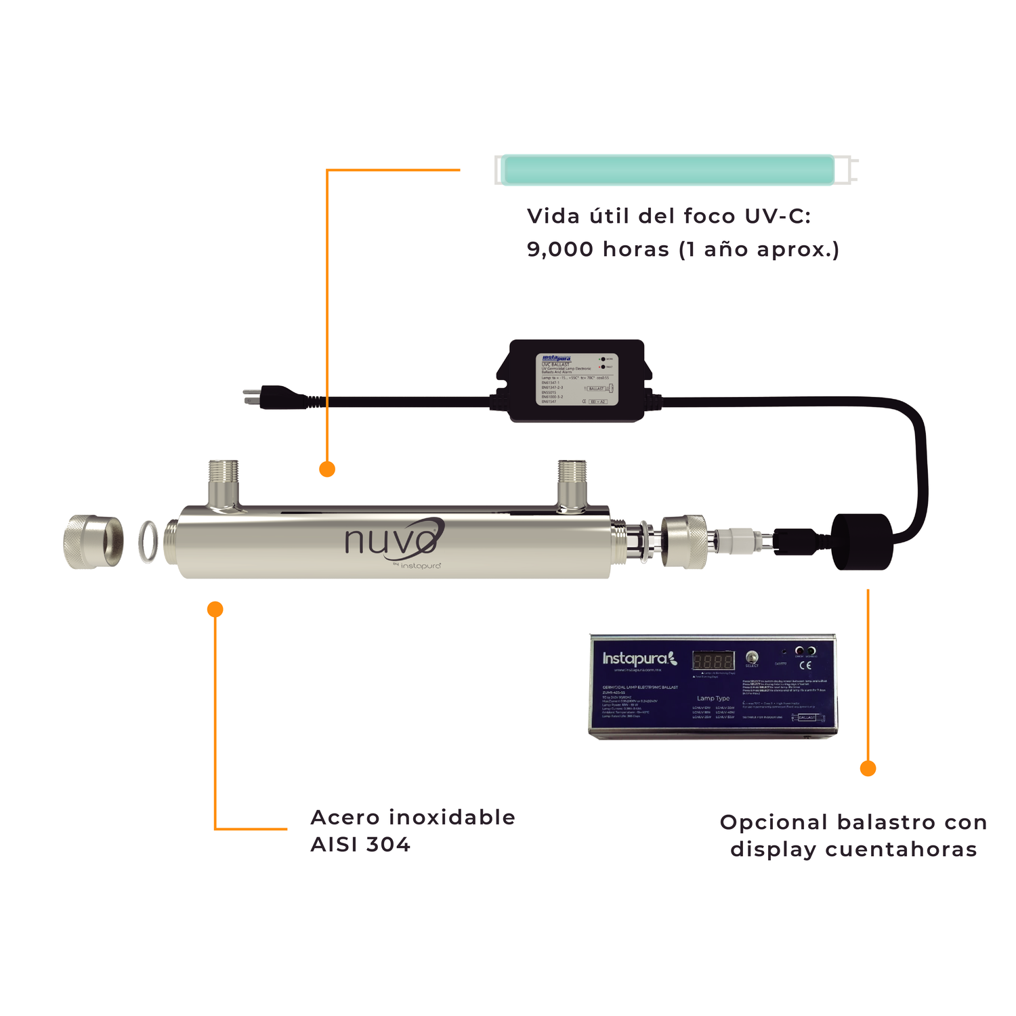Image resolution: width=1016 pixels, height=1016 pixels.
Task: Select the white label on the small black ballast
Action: click(575, 379)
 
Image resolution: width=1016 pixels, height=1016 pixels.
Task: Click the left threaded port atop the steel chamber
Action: click(224, 482)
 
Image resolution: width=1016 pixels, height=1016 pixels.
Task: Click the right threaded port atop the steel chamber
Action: click(572, 482)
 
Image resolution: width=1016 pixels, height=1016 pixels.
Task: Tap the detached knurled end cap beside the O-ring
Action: click(93, 541)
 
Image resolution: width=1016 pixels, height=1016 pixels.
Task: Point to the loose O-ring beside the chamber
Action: click(148, 541)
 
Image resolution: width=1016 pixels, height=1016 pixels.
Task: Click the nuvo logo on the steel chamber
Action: click(393, 539)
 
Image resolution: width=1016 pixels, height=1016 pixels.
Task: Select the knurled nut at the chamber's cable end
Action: click(684, 541)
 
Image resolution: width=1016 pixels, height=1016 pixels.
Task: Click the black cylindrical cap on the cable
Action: click(862, 541)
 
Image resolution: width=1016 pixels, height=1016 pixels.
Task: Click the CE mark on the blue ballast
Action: click(805, 665)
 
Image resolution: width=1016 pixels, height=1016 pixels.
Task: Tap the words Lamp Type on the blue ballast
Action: click(713, 698)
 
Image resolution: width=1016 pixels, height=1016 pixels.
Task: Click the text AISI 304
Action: click(360, 845)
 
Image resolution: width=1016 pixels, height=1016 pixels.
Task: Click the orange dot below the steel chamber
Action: click(215, 609)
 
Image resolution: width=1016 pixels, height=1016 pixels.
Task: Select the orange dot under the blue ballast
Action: click(868, 768)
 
